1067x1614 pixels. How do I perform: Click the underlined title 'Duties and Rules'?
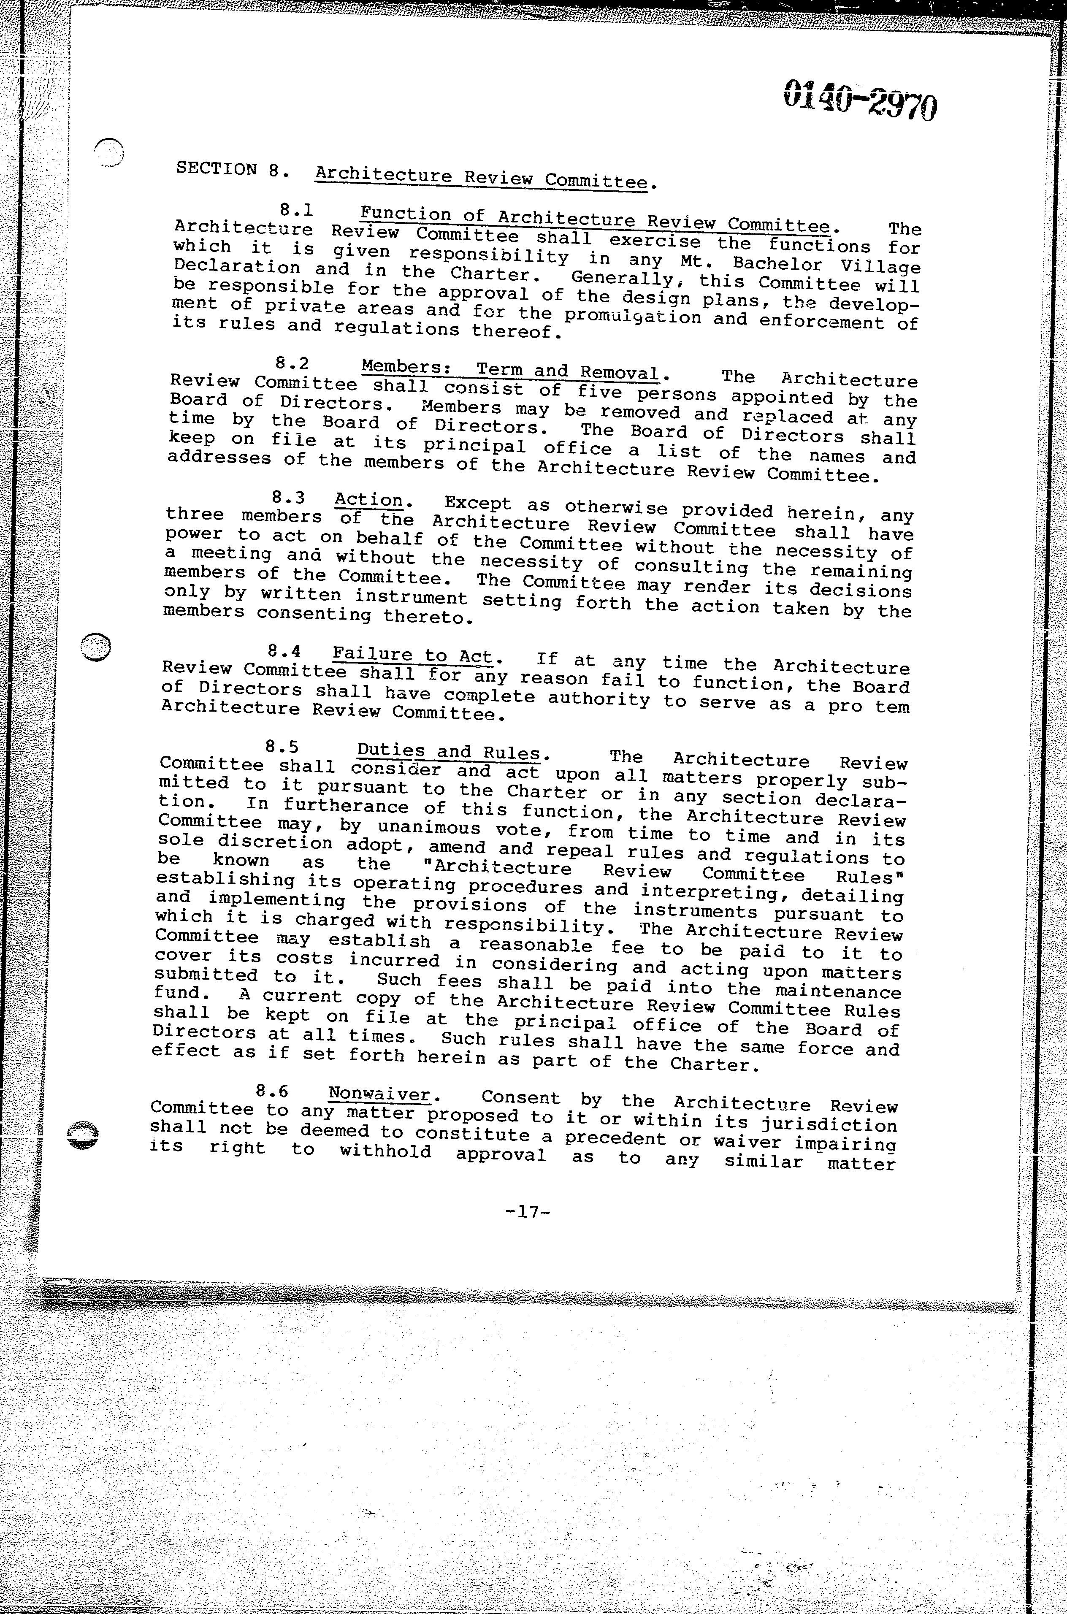coord(449,752)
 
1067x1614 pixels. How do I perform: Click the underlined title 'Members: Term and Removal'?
coord(510,370)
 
